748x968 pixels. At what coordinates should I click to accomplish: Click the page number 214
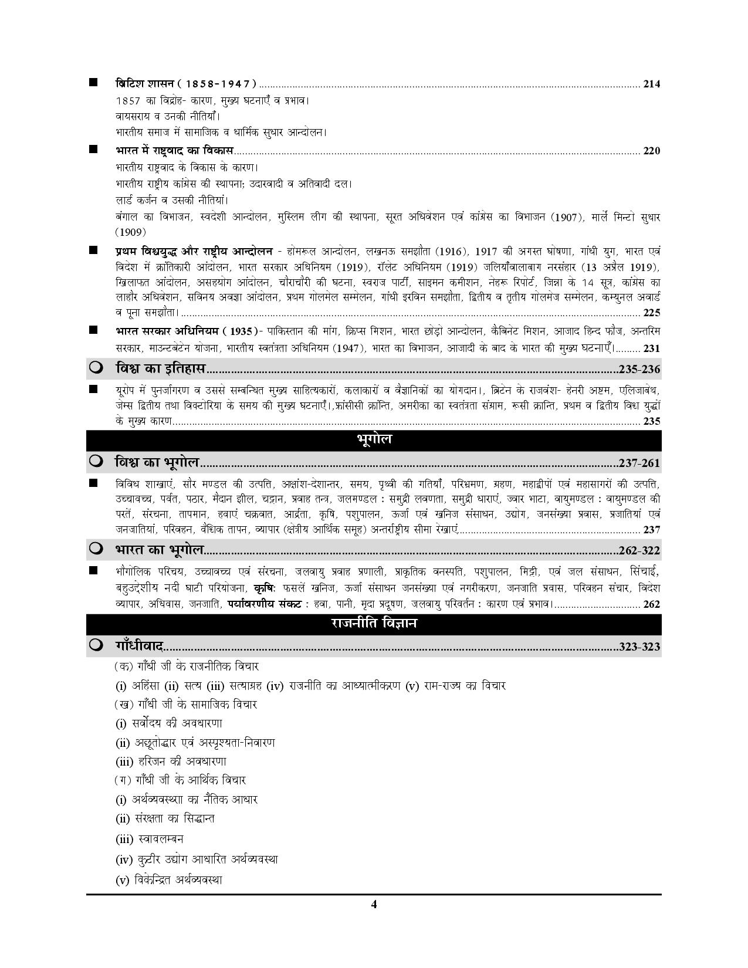pyautogui.click(x=651, y=84)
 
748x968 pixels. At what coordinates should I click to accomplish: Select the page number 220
pyautogui.click(x=651, y=151)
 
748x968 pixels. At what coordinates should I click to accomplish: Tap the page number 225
pyautogui.click(x=651, y=312)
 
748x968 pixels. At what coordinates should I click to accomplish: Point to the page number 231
pyautogui.click(x=651, y=348)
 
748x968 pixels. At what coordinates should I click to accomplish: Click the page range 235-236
pyautogui.click(x=639, y=370)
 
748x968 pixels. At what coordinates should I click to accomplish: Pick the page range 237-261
pyautogui.click(x=639, y=463)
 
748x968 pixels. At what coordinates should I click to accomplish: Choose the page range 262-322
pyautogui.click(x=639, y=551)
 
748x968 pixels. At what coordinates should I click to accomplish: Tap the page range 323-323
pyautogui.click(x=639, y=647)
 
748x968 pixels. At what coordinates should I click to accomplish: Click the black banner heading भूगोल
pyautogui.click(x=374, y=439)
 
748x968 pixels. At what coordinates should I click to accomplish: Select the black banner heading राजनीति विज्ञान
pyautogui.click(x=374, y=624)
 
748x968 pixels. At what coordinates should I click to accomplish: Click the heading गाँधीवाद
pyautogui.click(x=139, y=647)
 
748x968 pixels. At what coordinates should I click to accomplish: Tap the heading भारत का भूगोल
pyautogui.click(x=159, y=550)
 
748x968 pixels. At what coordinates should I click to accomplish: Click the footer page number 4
pyautogui.click(x=374, y=904)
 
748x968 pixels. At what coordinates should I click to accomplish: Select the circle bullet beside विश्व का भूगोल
pyautogui.click(x=96, y=462)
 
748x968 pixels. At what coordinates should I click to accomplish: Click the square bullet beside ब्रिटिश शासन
pyautogui.click(x=93, y=83)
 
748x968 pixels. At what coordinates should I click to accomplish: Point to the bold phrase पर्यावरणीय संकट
pyautogui.click(x=265, y=604)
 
